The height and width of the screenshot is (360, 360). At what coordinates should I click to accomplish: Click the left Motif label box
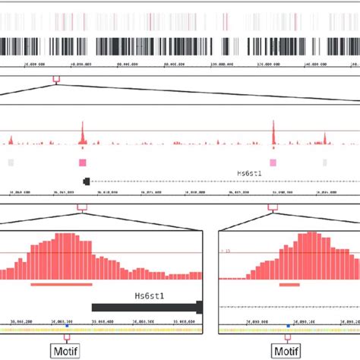pyautogui.click(x=65, y=352)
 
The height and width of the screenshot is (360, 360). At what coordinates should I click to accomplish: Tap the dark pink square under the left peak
pyautogui.click(x=82, y=163)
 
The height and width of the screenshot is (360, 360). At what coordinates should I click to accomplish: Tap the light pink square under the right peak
pyautogui.click(x=273, y=163)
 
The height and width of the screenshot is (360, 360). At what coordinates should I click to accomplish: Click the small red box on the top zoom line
pyautogui.click(x=55, y=78)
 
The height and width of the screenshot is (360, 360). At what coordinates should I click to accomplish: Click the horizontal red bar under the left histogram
pyautogui.click(x=61, y=284)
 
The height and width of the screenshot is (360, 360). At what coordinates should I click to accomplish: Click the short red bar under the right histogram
pyautogui.click(x=289, y=284)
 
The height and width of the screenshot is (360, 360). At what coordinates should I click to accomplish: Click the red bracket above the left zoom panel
pyautogui.click(x=82, y=206)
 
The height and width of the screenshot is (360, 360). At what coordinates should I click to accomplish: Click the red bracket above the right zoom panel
pyautogui.click(x=273, y=206)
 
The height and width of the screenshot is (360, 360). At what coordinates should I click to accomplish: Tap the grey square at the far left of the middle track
pyautogui.click(x=10, y=163)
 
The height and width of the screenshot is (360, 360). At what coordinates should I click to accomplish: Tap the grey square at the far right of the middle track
pyautogui.click(x=324, y=163)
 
